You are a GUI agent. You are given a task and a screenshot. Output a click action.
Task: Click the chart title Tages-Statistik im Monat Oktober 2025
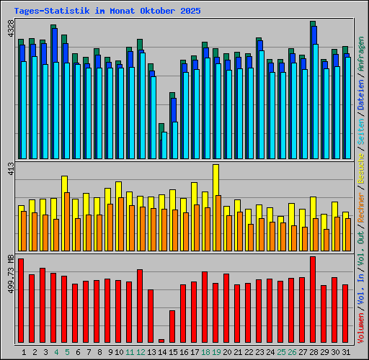coord(107,12)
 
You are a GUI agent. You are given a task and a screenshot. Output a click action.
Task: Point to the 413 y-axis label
coord(10,169)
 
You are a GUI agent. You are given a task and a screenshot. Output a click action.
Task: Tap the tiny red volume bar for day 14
coord(161,341)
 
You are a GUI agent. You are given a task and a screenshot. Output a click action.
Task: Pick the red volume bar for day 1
coord(21,300)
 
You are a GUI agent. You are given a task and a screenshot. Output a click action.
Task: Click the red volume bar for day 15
coord(172,326)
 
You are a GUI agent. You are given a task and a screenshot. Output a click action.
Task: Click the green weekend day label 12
coord(140,352)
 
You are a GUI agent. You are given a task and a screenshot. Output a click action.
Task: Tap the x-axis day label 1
coord(24,352)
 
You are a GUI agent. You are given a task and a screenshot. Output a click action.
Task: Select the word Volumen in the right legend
coord(361,327)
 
